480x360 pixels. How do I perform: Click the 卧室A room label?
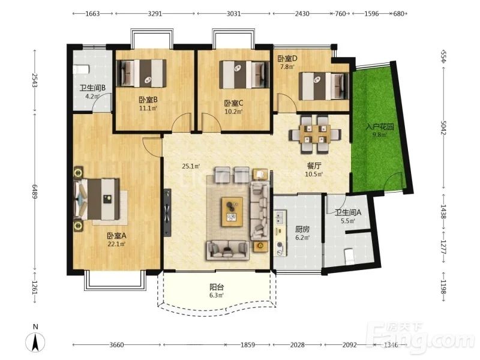(x=116, y=236)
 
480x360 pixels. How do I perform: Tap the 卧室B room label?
(x=148, y=100)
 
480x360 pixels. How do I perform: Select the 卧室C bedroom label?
(x=233, y=103)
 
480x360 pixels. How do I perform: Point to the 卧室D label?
(x=287, y=58)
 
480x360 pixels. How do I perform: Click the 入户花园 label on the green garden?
(x=380, y=127)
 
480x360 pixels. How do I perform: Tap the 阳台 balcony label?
(x=217, y=287)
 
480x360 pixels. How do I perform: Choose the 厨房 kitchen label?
(x=302, y=229)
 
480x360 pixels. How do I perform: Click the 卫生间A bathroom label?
(x=348, y=212)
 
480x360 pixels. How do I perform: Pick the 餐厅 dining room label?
(x=314, y=166)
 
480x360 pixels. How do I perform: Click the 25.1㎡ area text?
(x=191, y=166)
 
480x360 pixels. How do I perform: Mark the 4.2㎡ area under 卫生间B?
(x=92, y=96)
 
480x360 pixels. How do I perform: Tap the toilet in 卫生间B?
(x=81, y=69)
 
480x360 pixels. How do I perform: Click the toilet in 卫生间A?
(x=349, y=257)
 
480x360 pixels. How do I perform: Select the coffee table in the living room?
(x=232, y=212)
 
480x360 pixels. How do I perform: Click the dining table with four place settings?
(x=315, y=134)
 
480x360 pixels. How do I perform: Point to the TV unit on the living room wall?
(x=167, y=213)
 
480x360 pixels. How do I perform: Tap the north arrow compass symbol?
(x=35, y=341)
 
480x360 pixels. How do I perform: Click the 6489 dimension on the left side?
(x=34, y=191)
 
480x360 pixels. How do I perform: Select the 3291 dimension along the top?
(x=155, y=13)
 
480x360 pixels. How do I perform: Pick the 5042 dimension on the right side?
(x=443, y=128)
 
